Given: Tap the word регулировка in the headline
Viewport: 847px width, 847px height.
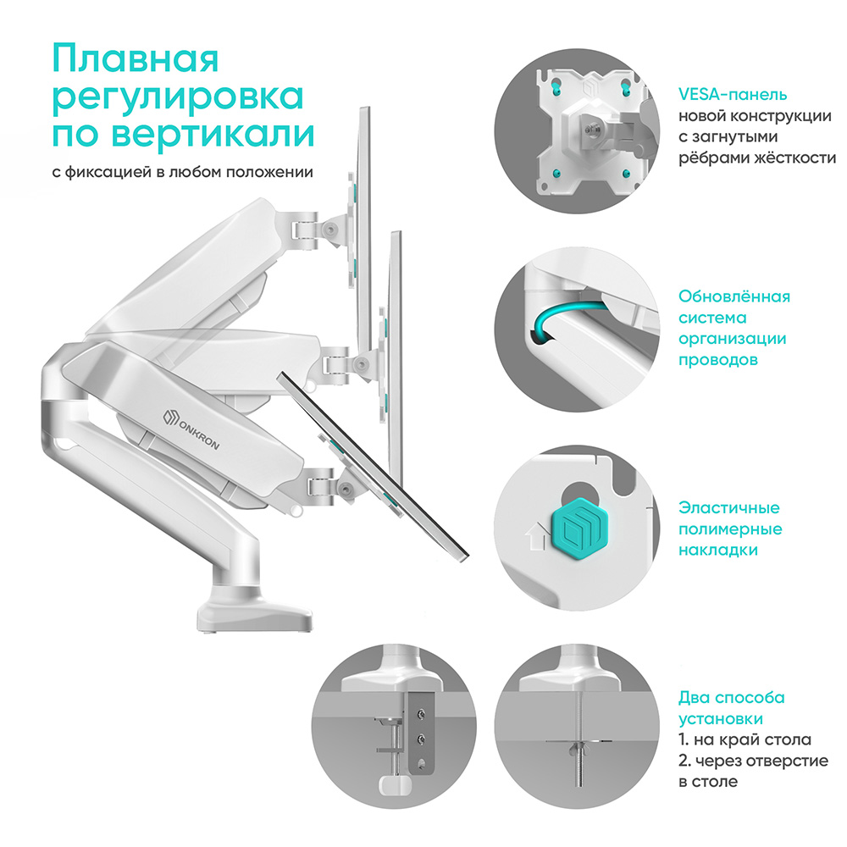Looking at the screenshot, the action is point(178,97).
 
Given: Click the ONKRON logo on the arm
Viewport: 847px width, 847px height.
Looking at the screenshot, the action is point(191,429).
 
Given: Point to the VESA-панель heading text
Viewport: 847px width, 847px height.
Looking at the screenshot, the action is point(733,95).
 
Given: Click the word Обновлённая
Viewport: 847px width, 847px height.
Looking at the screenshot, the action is point(734,296).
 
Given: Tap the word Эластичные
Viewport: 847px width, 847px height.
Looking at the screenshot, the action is point(729,507).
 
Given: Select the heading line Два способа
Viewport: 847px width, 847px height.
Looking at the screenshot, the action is point(732,698).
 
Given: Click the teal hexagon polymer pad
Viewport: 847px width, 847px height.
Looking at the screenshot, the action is point(575,527).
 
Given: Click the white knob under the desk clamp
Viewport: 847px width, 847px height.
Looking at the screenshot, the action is point(394,785).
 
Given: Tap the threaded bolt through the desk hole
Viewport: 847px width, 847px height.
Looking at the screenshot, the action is point(580,740).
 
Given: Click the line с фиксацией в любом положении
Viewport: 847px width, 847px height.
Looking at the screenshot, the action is point(183,172).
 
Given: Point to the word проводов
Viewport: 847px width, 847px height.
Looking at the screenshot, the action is point(718,360).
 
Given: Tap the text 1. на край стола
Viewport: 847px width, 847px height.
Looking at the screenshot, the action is point(745,739).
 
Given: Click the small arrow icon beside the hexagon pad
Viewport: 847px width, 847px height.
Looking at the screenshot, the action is point(536,536).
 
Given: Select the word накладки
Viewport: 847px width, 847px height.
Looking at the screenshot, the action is point(718,551).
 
